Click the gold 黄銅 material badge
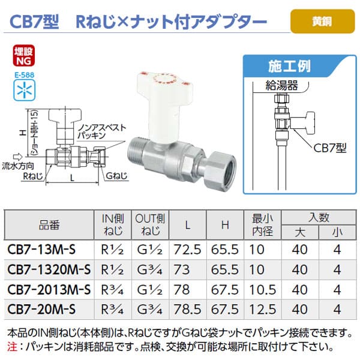pyautogui.click(x=322, y=22)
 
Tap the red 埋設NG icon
pyautogui.click(x=24, y=56)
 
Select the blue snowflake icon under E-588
pyautogui.click(x=25, y=90)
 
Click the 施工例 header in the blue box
pyautogui.click(x=289, y=67)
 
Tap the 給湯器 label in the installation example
pyautogui.click(x=281, y=86)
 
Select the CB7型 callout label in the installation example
pyautogui.click(x=329, y=148)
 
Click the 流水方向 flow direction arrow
pyautogui.click(x=17, y=157)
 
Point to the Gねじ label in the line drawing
pyautogui.click(x=116, y=176)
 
